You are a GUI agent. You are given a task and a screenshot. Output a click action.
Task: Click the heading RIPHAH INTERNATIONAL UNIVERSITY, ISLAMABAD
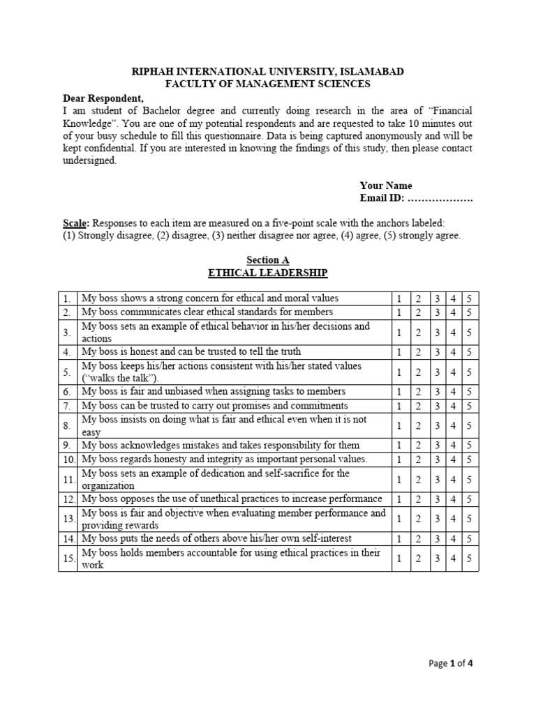pos(267,72)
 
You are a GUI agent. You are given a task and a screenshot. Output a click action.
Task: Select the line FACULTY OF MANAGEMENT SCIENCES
pos(267,84)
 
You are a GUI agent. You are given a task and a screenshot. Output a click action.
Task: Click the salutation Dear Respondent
pos(103,98)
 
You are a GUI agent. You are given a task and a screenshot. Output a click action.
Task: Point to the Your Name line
pos(386,185)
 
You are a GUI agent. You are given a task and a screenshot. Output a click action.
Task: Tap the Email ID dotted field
pos(440,199)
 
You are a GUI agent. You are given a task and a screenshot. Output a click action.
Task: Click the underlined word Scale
pos(75,223)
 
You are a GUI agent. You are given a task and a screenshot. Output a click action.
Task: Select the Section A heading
pos(267,260)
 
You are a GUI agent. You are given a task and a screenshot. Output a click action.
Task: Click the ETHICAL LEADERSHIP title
pos(267,273)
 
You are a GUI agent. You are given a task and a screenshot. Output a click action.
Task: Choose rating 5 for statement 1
pos(470,298)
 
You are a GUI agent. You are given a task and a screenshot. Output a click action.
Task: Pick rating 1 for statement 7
pos(399,406)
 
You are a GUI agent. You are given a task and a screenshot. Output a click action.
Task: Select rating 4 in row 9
pos(452,446)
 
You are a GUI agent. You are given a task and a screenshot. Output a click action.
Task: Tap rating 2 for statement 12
pos(417,499)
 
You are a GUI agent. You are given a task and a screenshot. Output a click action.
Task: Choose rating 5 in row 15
pos(470,559)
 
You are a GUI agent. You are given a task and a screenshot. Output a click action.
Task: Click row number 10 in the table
pos(67,459)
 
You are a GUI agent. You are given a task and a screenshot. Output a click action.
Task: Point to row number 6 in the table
pos(67,392)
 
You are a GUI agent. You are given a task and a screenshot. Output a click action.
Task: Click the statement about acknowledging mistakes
pos(221,446)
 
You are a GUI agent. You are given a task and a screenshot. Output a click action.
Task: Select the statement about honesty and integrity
pos(224,459)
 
